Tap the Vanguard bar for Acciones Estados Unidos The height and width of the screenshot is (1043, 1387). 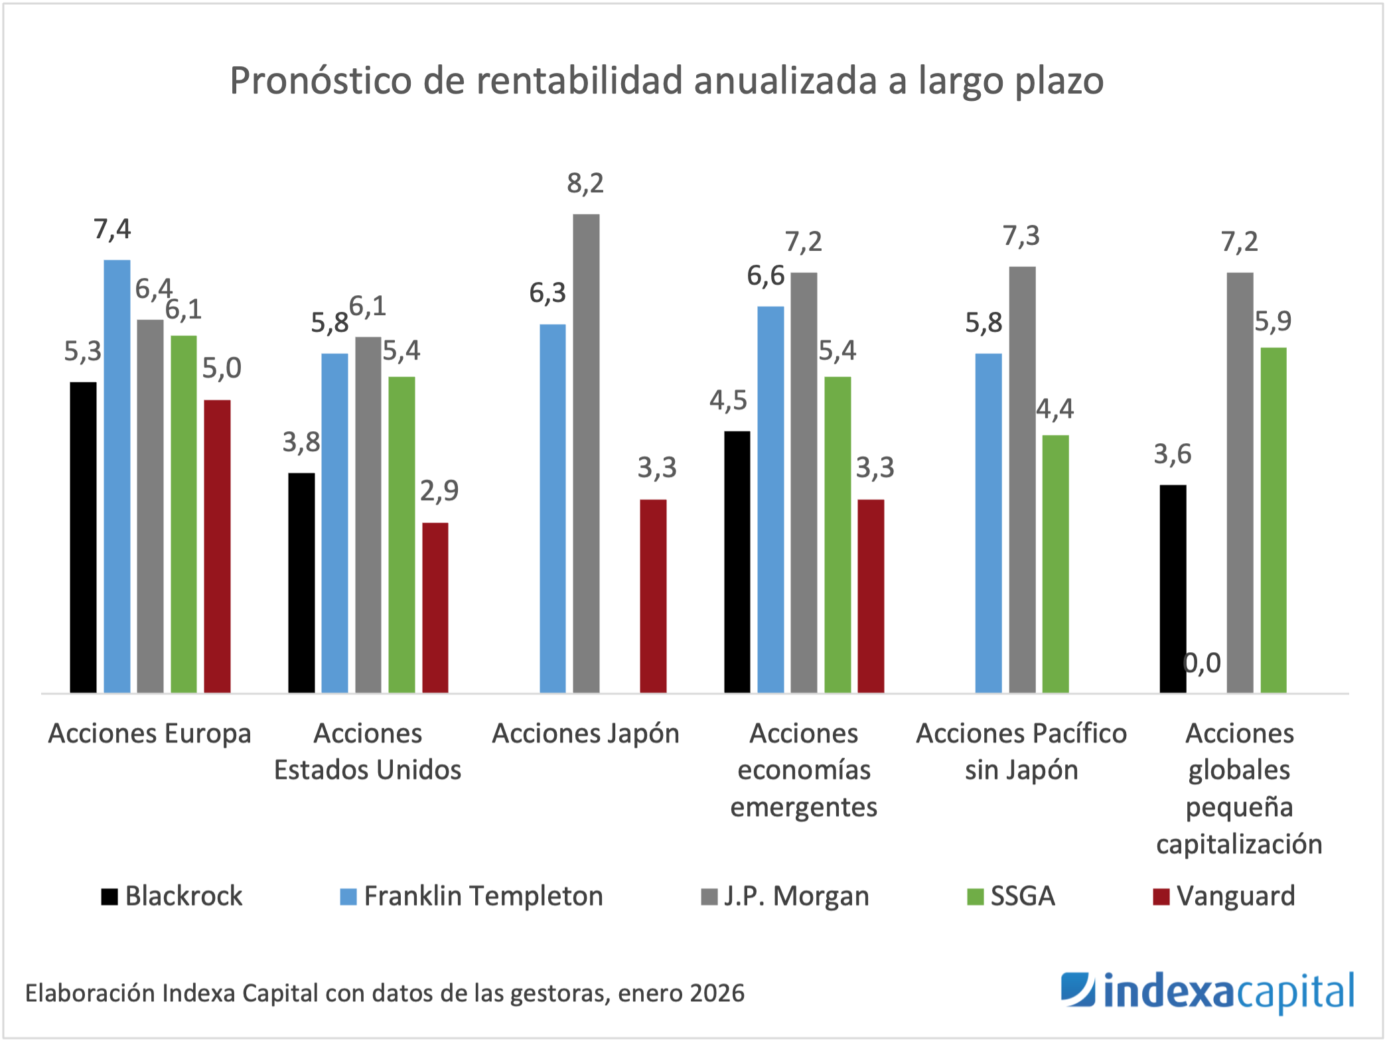(435, 608)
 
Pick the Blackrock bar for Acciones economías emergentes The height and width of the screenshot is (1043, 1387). (737, 562)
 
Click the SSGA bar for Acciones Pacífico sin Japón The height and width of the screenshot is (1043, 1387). (1055, 564)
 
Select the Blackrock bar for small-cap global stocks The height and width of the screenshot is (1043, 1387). (1173, 589)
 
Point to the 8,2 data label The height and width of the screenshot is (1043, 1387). (585, 183)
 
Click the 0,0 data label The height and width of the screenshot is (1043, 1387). (1203, 663)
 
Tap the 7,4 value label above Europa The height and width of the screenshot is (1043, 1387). (112, 230)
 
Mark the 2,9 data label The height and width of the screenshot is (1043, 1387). (439, 491)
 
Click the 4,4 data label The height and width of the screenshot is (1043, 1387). (1055, 409)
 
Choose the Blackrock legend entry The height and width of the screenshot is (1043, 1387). (173, 896)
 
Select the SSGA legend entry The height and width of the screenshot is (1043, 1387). (1011, 896)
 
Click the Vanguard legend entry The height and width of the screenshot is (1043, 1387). (1224, 896)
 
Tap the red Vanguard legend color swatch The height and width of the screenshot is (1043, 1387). (1161, 897)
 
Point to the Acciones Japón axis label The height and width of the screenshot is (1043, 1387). (585, 734)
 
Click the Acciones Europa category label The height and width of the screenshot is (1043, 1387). (150, 734)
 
